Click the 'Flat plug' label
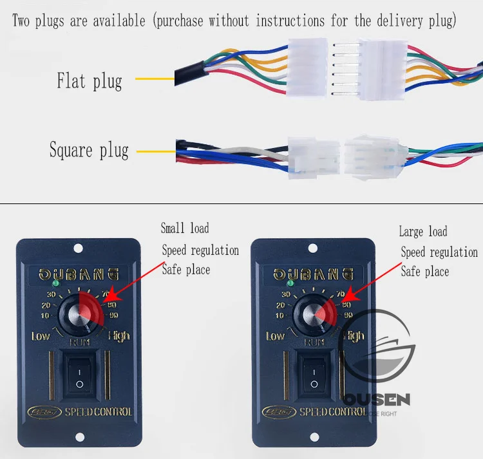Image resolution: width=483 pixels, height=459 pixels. (89, 81)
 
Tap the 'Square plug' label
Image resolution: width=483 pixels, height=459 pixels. (89, 151)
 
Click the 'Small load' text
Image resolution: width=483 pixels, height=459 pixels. (185, 228)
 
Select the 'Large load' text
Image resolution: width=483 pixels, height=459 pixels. (422, 232)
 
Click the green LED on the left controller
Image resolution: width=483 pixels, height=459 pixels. (56, 283)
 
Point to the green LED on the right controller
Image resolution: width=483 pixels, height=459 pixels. (290, 283)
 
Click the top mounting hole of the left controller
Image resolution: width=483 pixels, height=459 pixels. (77, 248)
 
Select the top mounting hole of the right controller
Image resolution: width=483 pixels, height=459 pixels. (312, 248)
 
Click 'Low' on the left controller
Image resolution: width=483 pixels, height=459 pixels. (41, 336)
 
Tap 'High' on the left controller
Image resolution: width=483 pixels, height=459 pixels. (118, 335)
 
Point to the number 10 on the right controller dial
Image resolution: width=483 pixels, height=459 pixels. (280, 315)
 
